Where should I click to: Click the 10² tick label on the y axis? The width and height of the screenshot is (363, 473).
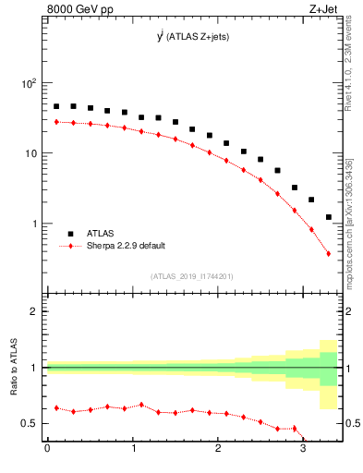tap(28, 83)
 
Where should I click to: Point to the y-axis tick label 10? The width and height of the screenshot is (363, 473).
tap(30, 153)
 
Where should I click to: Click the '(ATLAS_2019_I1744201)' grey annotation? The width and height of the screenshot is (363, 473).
tap(193, 275)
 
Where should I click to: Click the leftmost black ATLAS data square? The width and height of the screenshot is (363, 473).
tap(56, 106)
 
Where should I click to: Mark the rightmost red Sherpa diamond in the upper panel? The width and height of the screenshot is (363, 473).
tap(329, 253)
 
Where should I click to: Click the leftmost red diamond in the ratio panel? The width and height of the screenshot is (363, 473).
tap(56, 407)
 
